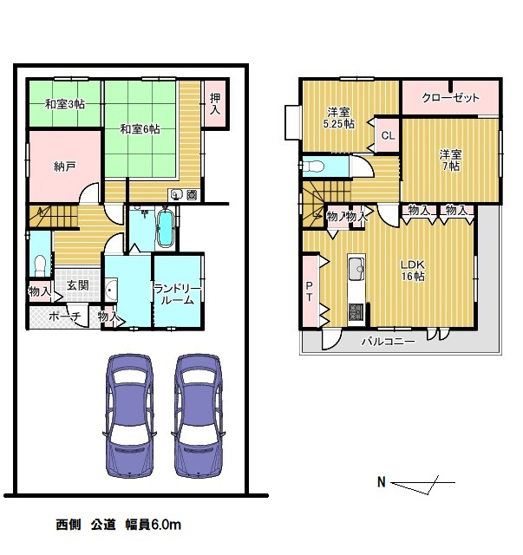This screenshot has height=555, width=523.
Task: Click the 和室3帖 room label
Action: point(65,104)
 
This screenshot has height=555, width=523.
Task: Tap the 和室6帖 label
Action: point(140,129)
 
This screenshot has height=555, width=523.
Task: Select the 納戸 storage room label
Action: point(64,166)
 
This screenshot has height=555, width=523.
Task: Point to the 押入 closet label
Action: point(215,103)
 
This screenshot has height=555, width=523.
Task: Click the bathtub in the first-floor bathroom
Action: point(166,228)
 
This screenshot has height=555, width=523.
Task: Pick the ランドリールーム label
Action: point(178,295)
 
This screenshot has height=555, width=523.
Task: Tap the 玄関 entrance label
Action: point(77,285)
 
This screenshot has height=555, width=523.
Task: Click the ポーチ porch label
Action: point(65,316)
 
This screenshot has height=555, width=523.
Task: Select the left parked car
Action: point(129,416)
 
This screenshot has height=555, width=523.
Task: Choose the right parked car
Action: point(199,416)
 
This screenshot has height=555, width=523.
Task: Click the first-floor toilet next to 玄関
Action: point(41,264)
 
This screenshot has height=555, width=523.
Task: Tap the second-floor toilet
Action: point(315,166)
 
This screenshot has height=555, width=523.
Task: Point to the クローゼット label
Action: point(450,98)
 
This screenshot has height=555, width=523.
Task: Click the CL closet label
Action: point(388,135)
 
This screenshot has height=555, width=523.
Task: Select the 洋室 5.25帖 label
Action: point(339,118)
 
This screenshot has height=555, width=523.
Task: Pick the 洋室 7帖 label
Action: point(451,160)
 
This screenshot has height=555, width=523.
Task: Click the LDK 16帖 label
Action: point(413,271)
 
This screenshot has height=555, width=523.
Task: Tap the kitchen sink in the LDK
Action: point(356,269)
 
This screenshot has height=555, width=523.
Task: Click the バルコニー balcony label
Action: point(388,342)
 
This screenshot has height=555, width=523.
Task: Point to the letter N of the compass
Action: point(382,482)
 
